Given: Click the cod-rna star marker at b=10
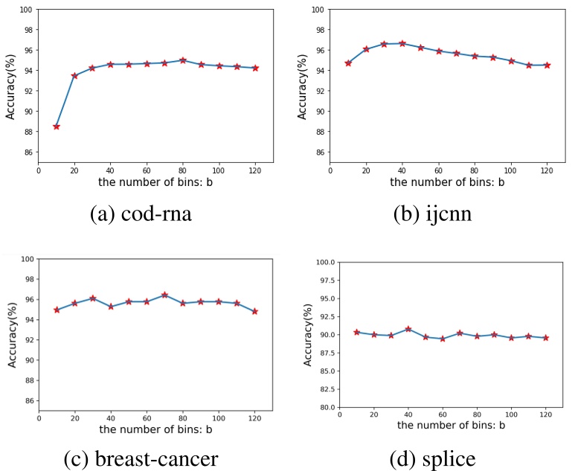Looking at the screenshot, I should pos(57,126).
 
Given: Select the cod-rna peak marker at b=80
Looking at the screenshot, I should pos(183,60).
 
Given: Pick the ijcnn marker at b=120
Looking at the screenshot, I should pos(547,65).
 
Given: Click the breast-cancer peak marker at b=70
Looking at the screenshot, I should pos(165,295).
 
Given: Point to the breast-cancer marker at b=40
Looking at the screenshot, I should pos(111,307).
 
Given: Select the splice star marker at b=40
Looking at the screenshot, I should pos(408,329).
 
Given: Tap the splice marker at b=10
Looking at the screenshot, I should pos(357,332).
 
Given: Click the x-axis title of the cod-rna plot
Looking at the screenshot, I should pos(156,182).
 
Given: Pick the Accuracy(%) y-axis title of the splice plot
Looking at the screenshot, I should pos(308,335).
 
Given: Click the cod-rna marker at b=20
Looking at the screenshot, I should pos(74,75).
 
